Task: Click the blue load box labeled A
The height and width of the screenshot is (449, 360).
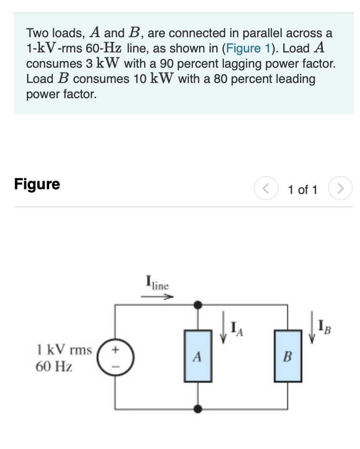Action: (198, 356)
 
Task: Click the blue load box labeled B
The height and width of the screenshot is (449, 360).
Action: (288, 356)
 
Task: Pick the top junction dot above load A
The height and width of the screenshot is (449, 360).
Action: (198, 304)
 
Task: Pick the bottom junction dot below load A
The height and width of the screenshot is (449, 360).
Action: (198, 408)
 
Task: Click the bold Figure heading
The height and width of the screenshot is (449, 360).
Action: (37, 184)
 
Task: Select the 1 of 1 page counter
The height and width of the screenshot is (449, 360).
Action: (302, 190)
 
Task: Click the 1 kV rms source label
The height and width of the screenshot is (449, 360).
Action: (64, 350)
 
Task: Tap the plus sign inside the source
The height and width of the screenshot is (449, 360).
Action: (115, 349)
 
